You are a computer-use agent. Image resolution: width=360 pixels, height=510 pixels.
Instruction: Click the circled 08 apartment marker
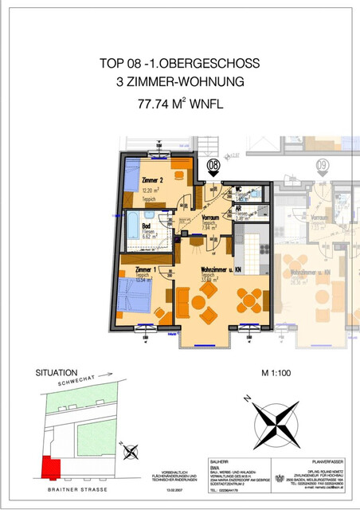pyautogui.click(x=213, y=167)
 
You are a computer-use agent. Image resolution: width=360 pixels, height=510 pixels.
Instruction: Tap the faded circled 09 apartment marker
pyautogui.click(x=323, y=167)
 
